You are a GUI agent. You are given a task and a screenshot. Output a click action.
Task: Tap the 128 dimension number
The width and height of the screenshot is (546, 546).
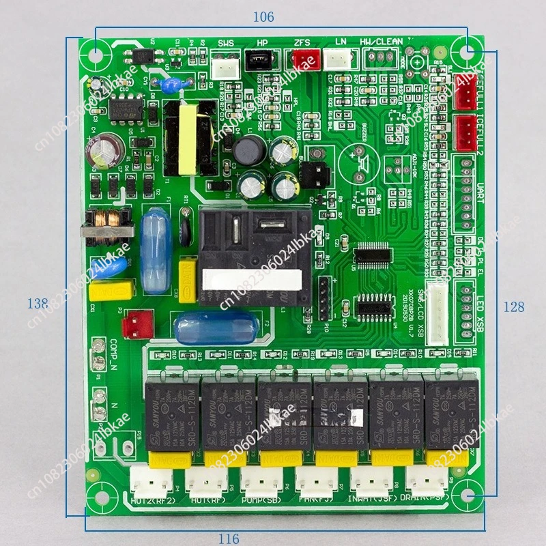click(x=514, y=306)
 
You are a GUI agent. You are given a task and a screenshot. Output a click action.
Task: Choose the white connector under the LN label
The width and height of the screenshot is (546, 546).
click(x=337, y=60)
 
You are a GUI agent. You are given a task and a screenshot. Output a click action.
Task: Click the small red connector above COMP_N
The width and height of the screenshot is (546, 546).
click(x=141, y=319)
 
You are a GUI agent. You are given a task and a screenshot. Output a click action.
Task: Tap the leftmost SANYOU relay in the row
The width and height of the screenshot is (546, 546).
click(x=171, y=412)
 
